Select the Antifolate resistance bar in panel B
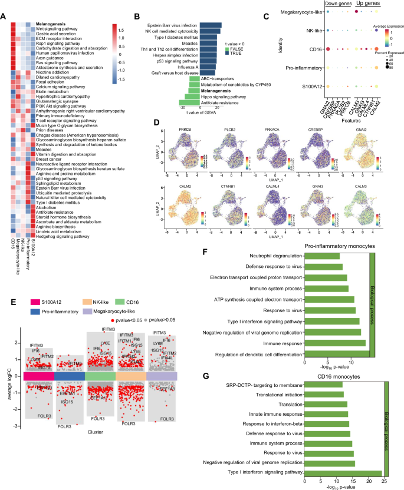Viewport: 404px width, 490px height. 191,103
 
